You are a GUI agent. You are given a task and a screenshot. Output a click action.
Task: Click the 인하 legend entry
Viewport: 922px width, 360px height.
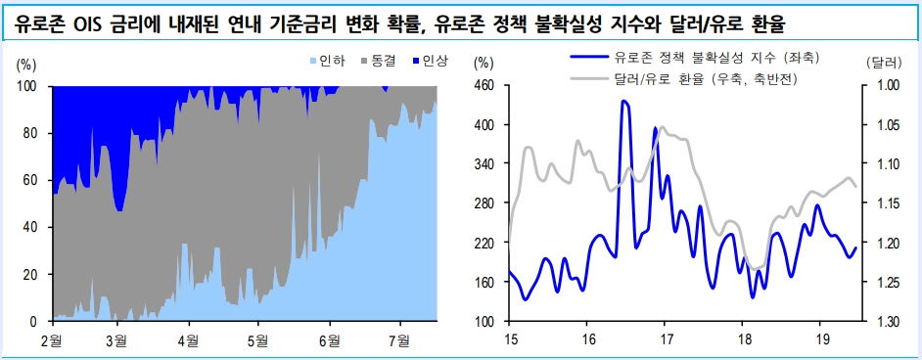pyautogui.click(x=331, y=61)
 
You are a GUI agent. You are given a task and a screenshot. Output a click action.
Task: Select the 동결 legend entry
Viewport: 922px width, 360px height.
pyautogui.click(x=383, y=61)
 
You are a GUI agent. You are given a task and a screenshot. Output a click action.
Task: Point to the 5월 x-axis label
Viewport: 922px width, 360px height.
pyautogui.click(x=257, y=340)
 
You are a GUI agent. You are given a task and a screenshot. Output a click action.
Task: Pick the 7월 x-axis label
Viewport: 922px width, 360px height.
pyautogui.click(x=399, y=340)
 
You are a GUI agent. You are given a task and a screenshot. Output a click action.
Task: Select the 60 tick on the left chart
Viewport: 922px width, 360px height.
pyautogui.click(x=27, y=180)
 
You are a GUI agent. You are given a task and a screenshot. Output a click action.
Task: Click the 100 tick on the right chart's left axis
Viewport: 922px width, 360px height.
pyautogui.click(x=484, y=322)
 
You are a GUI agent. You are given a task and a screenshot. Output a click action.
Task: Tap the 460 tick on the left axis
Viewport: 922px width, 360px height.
pyautogui.click(x=484, y=86)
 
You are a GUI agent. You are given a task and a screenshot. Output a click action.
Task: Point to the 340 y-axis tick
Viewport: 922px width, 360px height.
pyautogui.click(x=484, y=164)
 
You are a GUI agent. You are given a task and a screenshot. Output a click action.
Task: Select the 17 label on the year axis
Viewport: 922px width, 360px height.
pyautogui.click(x=667, y=340)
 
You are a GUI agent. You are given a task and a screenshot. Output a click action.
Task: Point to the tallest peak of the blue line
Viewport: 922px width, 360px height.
pyautogui.click(x=624, y=101)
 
